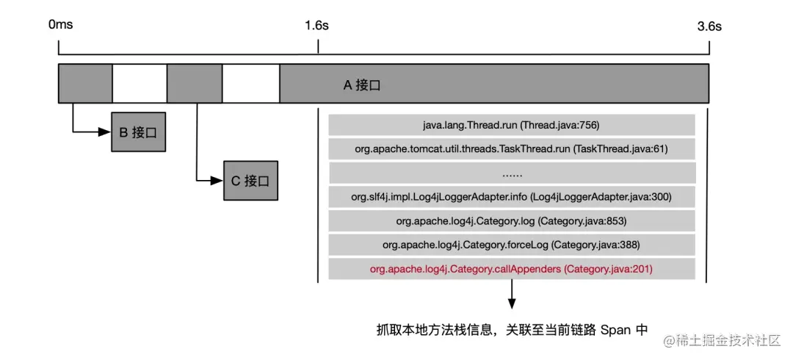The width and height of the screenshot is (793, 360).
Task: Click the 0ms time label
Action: pos(60,25)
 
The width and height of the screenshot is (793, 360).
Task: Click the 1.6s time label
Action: pos(316,25)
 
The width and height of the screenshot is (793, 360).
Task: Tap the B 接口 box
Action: pos(138,133)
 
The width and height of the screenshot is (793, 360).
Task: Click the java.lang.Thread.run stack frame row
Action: pos(512,125)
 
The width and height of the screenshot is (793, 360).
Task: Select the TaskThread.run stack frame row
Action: pos(512,149)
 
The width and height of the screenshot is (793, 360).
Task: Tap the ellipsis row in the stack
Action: pos(512,173)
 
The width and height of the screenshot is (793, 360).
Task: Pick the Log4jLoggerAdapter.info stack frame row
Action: pos(512,197)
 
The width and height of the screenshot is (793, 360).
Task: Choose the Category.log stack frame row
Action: pos(512,221)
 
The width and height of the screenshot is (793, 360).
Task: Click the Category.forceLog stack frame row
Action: pos(512,245)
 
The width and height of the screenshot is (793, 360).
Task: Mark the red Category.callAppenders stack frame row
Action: pos(512,269)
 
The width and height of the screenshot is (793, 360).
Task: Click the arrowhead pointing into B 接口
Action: pos(106,133)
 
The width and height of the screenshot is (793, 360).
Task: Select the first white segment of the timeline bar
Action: pos(140,83)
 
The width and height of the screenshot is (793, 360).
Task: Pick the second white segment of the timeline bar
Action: pos(250,83)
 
